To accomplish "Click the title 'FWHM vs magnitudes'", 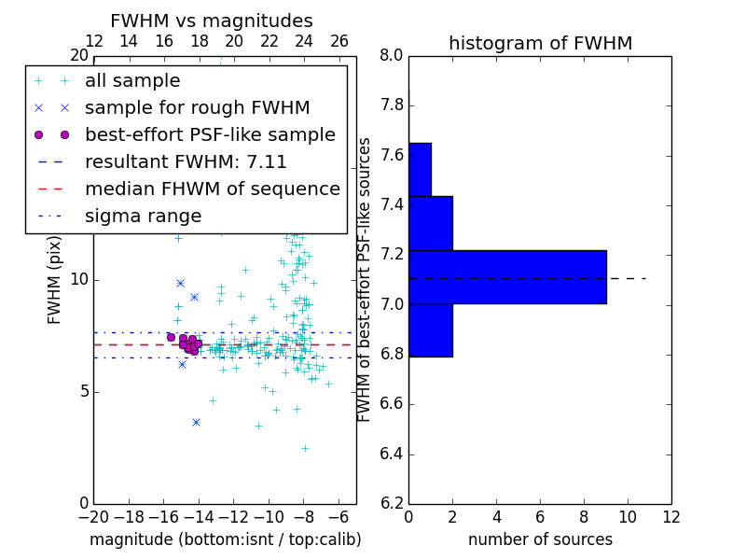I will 212,21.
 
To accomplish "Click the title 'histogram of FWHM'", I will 540,43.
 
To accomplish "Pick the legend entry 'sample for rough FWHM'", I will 197,107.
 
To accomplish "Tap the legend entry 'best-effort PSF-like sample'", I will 210,134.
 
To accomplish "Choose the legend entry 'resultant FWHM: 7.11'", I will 186,161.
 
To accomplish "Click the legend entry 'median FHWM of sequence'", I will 212,189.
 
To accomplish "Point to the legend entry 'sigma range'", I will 143,216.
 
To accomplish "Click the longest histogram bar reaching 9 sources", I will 507,277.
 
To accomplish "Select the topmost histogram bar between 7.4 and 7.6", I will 420,169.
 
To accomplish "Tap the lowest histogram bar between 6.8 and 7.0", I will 431,330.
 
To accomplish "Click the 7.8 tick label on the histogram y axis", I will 392,106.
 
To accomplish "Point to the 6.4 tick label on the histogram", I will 392,455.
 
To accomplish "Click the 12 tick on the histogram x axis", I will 671,516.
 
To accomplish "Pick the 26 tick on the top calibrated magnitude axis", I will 338,41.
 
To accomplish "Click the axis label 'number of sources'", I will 540,539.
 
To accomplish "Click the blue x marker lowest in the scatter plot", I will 196,422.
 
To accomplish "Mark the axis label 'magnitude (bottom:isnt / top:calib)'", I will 225,539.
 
